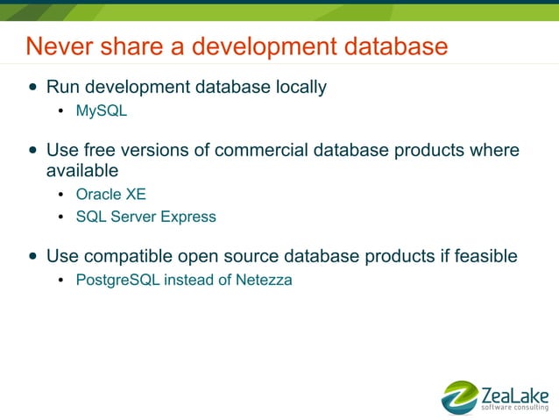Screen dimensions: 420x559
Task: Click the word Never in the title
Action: tap(55, 46)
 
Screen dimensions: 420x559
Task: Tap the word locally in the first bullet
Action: tap(296, 87)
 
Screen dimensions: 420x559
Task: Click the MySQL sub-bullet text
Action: tap(102, 111)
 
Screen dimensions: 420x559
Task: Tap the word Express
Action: tap(188, 216)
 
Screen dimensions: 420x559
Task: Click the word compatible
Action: tap(124, 256)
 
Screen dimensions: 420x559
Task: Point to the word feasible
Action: tap(485, 256)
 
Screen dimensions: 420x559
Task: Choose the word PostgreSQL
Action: tap(118, 281)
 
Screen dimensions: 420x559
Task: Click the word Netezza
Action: tap(264, 281)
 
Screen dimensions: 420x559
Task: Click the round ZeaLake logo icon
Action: tap(460, 397)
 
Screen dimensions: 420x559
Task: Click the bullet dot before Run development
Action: tap(33, 87)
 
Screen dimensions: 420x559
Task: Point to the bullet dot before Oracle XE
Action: tap(60, 195)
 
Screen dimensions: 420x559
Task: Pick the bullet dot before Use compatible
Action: tap(33, 257)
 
